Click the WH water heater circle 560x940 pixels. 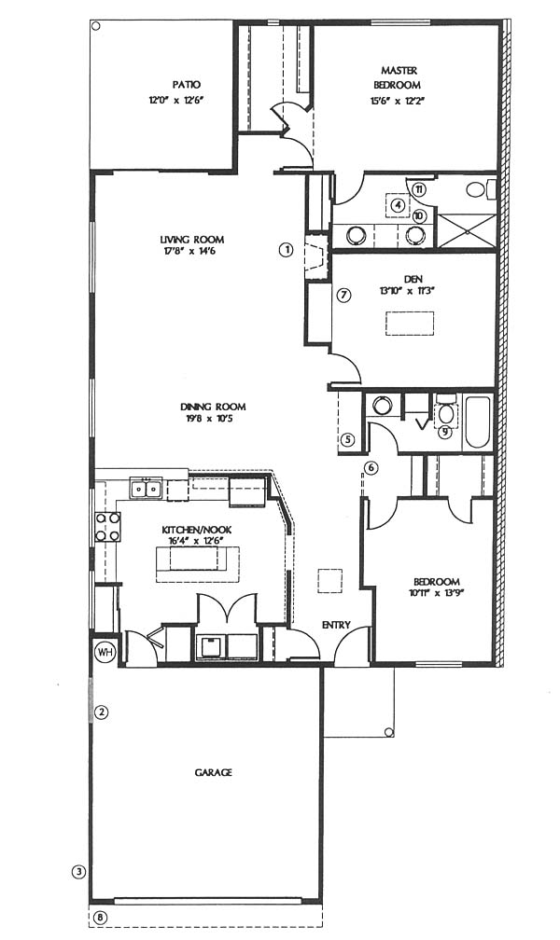[105, 651]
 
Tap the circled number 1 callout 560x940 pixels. [287, 249]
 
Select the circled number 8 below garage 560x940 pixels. [101, 918]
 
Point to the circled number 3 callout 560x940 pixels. [78, 871]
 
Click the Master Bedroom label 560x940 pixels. [397, 77]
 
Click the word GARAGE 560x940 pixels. [213, 772]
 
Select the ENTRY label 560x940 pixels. [336, 625]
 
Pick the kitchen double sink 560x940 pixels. [146, 490]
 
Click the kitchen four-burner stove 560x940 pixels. [107, 526]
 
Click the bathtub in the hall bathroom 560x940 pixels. [478, 422]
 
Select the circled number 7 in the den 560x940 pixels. [343, 295]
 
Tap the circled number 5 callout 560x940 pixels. [349, 440]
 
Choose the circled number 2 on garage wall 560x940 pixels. [102, 712]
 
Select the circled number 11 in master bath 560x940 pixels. [419, 190]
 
